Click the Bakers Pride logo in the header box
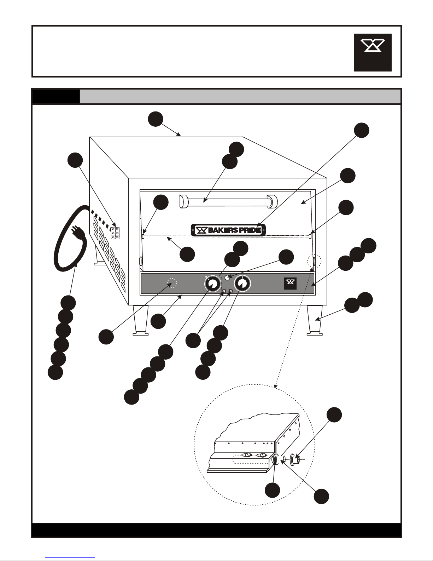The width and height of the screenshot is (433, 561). click(373, 52)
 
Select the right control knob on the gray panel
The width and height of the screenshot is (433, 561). click(242, 284)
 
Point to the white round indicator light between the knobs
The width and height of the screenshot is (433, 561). click(228, 278)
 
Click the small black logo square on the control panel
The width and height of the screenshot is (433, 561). click(290, 283)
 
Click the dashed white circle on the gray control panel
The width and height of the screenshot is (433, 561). click(172, 283)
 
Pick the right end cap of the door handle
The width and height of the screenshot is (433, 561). click(272, 201)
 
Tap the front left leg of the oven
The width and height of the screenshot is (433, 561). click(140, 320)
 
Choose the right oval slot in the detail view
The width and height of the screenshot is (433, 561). click(262, 455)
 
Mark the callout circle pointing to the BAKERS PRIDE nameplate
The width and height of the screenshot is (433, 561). click(362, 130)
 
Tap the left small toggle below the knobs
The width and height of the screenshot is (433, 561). click(224, 291)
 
